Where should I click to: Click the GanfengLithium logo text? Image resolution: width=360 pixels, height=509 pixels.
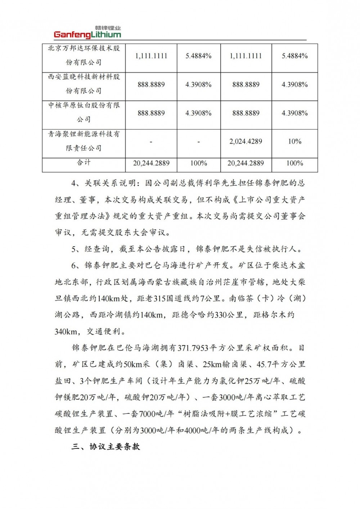(x=87, y=35)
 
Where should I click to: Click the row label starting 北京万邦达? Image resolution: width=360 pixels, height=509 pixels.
(x=84, y=55)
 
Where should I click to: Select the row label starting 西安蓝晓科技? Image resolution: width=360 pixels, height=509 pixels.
(x=84, y=84)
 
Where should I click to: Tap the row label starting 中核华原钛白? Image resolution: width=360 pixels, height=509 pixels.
(x=84, y=112)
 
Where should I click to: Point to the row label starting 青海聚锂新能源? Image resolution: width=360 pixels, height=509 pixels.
(x=84, y=141)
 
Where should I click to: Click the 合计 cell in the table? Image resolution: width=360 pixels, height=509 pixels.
(x=84, y=162)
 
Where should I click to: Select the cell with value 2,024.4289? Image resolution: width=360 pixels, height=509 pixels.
(x=246, y=141)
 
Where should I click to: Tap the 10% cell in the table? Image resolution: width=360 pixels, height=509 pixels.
(x=294, y=141)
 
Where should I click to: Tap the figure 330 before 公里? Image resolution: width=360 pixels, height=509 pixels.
(x=221, y=315)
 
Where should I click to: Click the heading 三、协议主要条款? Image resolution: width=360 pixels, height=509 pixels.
(x=105, y=447)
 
